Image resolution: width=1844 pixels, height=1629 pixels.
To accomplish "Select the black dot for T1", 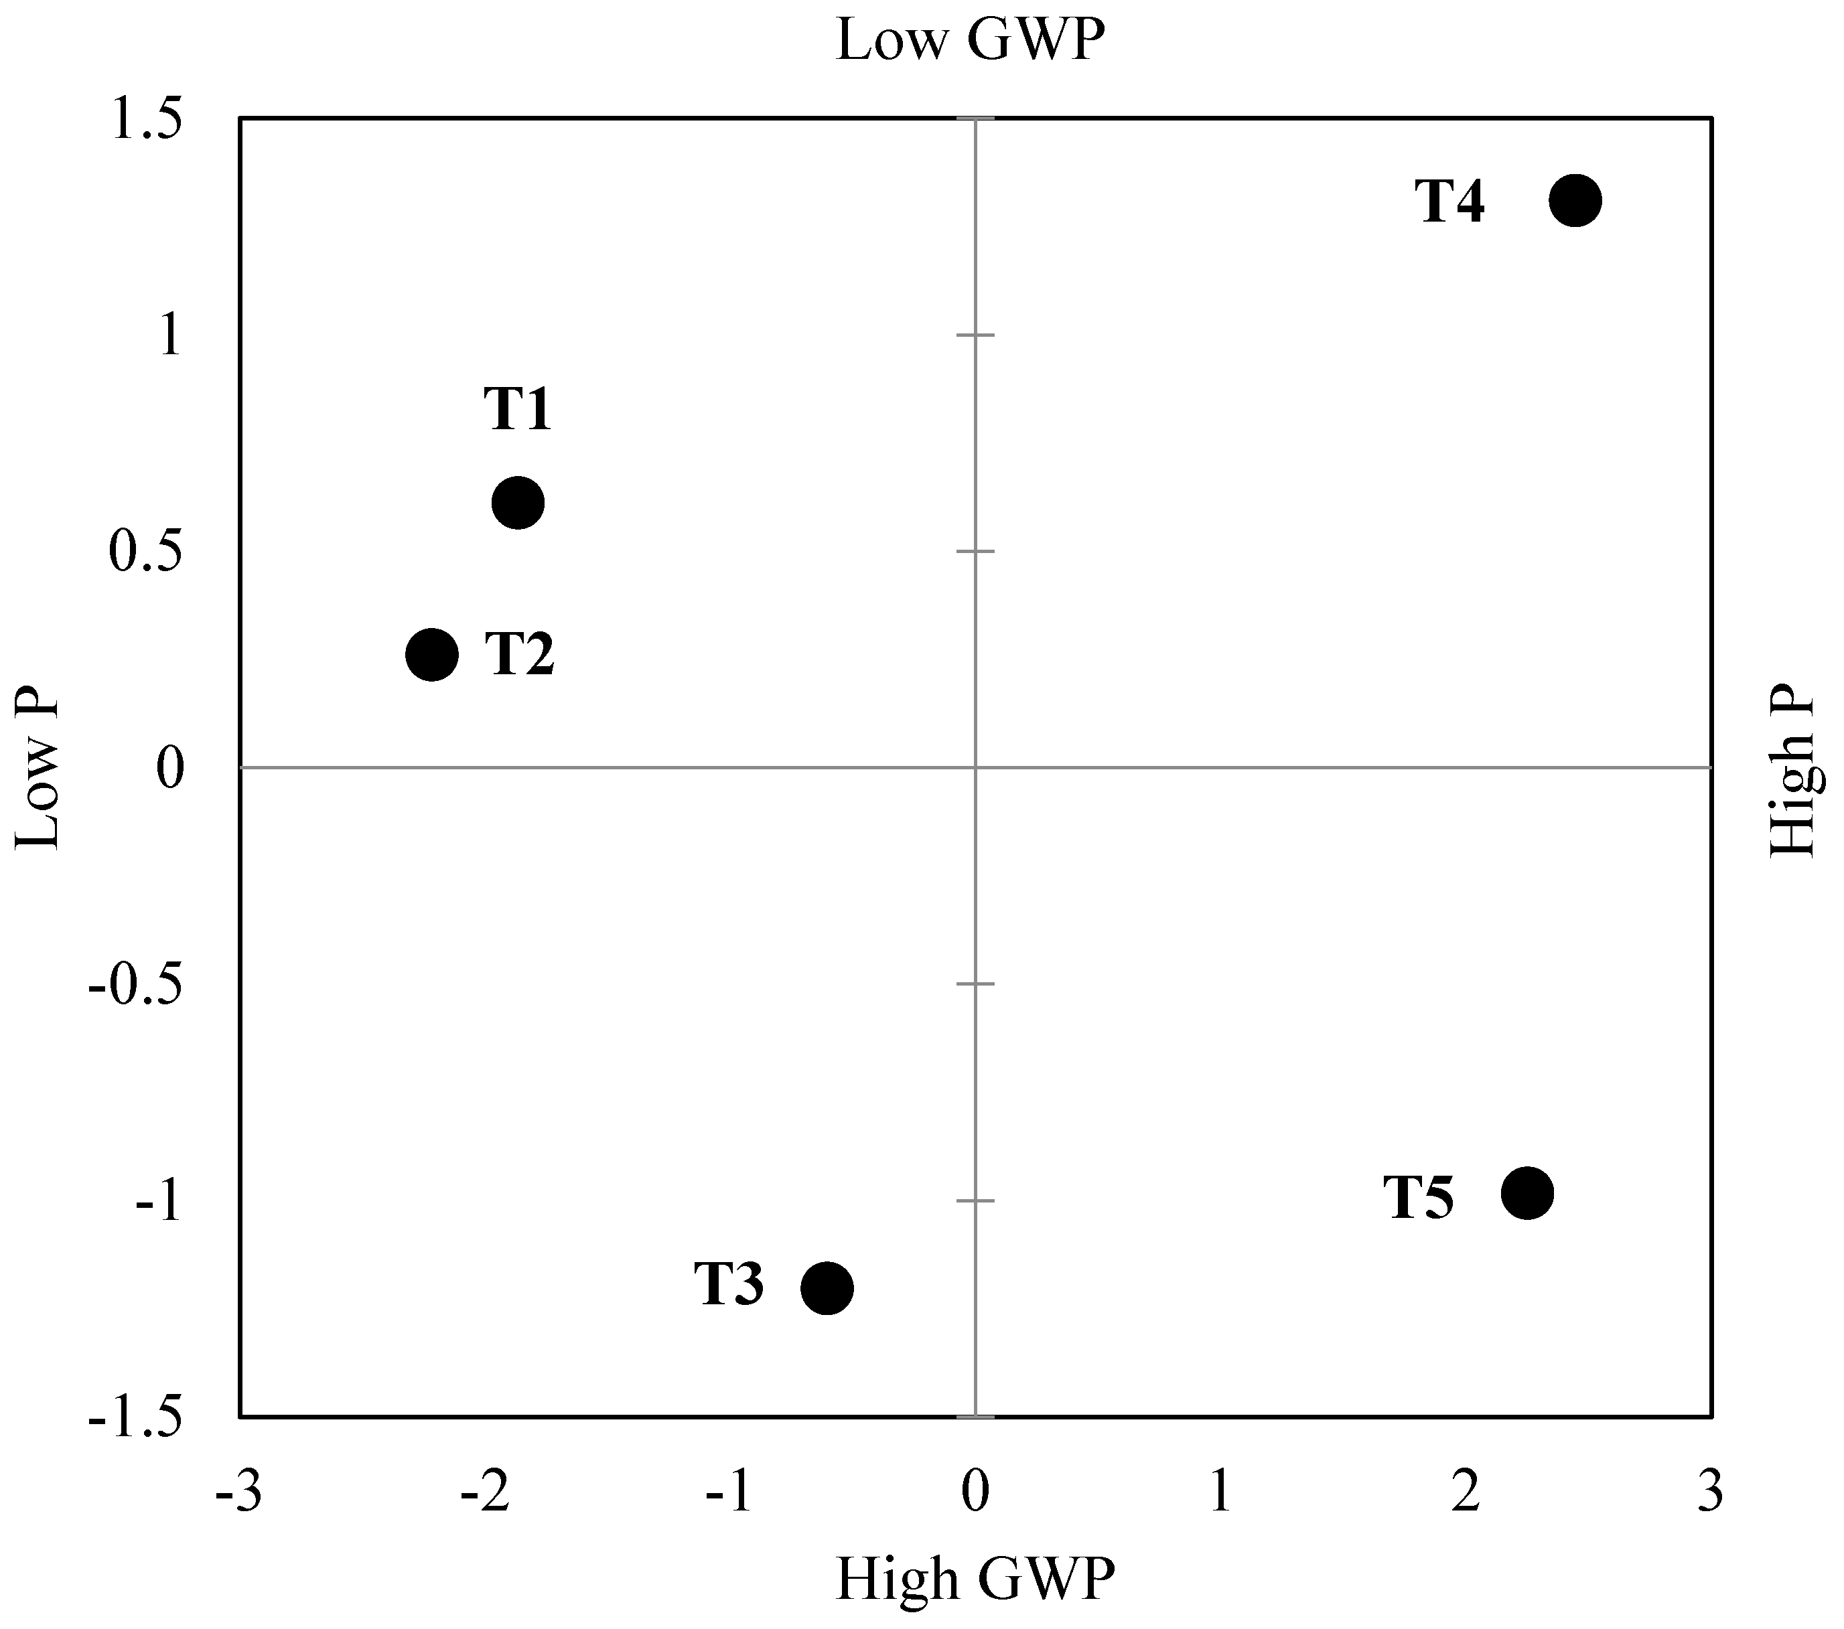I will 518,502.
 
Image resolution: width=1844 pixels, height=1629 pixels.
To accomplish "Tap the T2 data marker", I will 432,654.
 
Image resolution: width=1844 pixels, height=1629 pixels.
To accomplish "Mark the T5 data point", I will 1527,1193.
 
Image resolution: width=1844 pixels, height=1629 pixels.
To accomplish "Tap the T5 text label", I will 1419,1198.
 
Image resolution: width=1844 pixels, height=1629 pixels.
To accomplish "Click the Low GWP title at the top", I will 971,41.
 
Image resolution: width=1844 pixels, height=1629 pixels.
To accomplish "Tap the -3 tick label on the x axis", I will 239,1493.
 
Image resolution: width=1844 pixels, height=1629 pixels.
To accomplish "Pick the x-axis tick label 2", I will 1465,1493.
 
